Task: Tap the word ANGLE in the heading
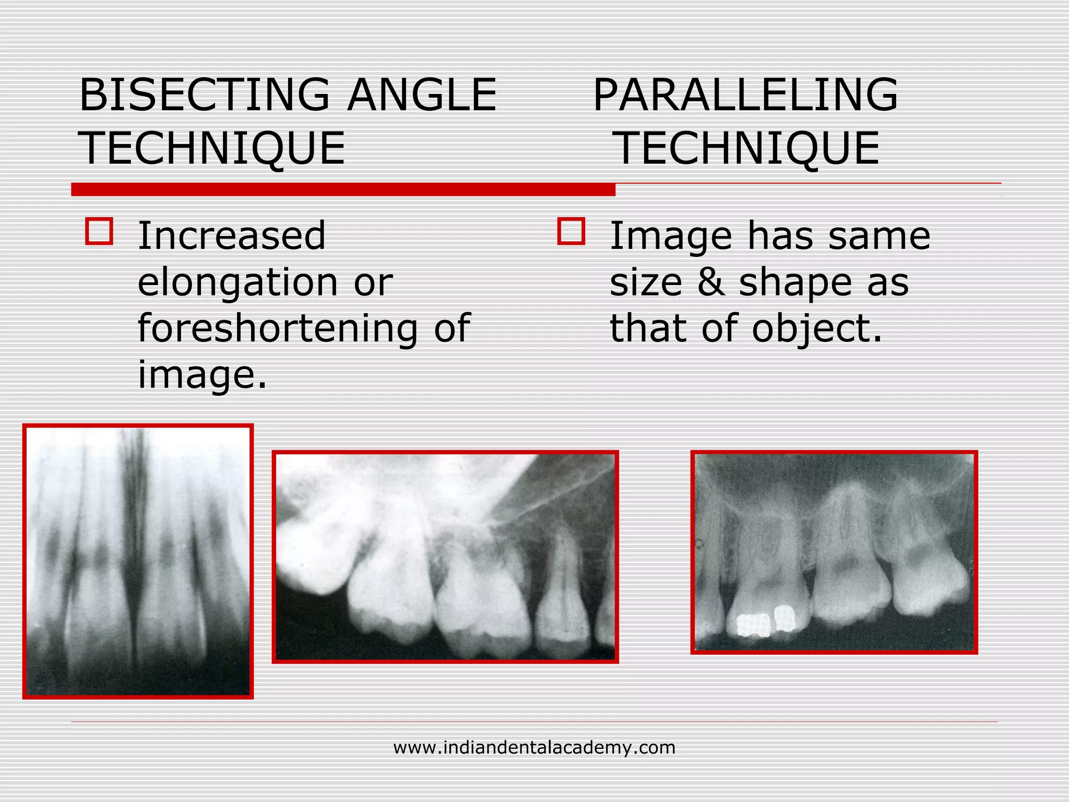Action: click(422, 95)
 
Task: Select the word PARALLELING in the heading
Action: click(745, 95)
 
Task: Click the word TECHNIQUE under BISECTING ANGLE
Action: click(212, 149)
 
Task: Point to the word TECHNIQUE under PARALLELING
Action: click(747, 149)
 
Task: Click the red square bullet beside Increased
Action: click(99, 231)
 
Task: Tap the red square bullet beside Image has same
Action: click(571, 231)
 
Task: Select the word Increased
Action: click(231, 236)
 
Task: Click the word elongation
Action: click(237, 282)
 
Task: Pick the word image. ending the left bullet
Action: click(202, 375)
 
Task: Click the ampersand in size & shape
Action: click(710, 282)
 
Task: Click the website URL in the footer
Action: click(534, 748)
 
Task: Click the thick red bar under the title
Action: click(343, 190)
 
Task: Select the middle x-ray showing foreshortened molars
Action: click(445, 557)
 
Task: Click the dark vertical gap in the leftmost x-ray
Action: click(135, 548)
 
